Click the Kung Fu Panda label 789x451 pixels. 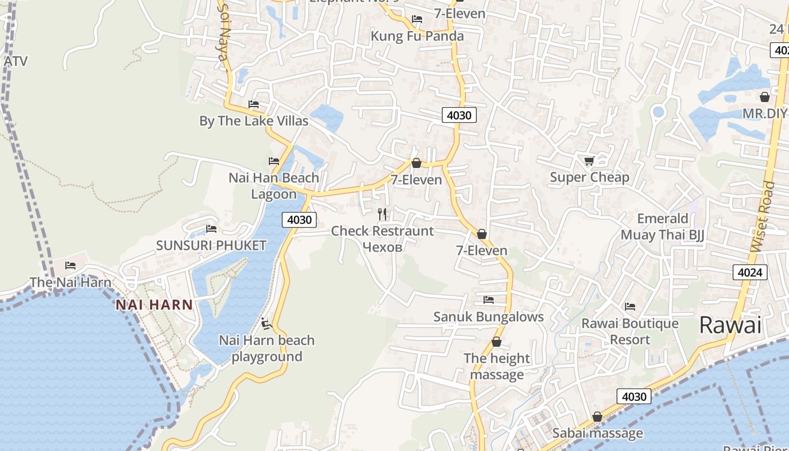point(417,36)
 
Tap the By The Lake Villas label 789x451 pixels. point(254,121)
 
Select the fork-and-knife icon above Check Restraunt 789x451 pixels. point(383,214)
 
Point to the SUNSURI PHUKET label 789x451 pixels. point(211,245)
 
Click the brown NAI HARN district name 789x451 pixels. point(154,305)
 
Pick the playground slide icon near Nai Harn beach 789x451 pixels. point(267,324)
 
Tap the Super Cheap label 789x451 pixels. point(589,178)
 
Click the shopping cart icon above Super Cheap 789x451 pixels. point(589,161)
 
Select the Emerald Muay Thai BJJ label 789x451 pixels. point(663,227)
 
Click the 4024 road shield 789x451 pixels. point(751,273)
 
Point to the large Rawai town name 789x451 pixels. point(730,325)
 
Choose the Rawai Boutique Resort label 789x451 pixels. point(630,331)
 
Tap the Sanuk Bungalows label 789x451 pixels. point(488,317)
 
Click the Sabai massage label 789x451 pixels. point(597,433)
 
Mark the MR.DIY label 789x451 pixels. point(764,113)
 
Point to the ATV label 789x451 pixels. point(15,61)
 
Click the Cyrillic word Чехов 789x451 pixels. point(383,247)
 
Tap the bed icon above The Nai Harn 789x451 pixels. point(70,265)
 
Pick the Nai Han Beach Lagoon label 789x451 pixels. point(274,186)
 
